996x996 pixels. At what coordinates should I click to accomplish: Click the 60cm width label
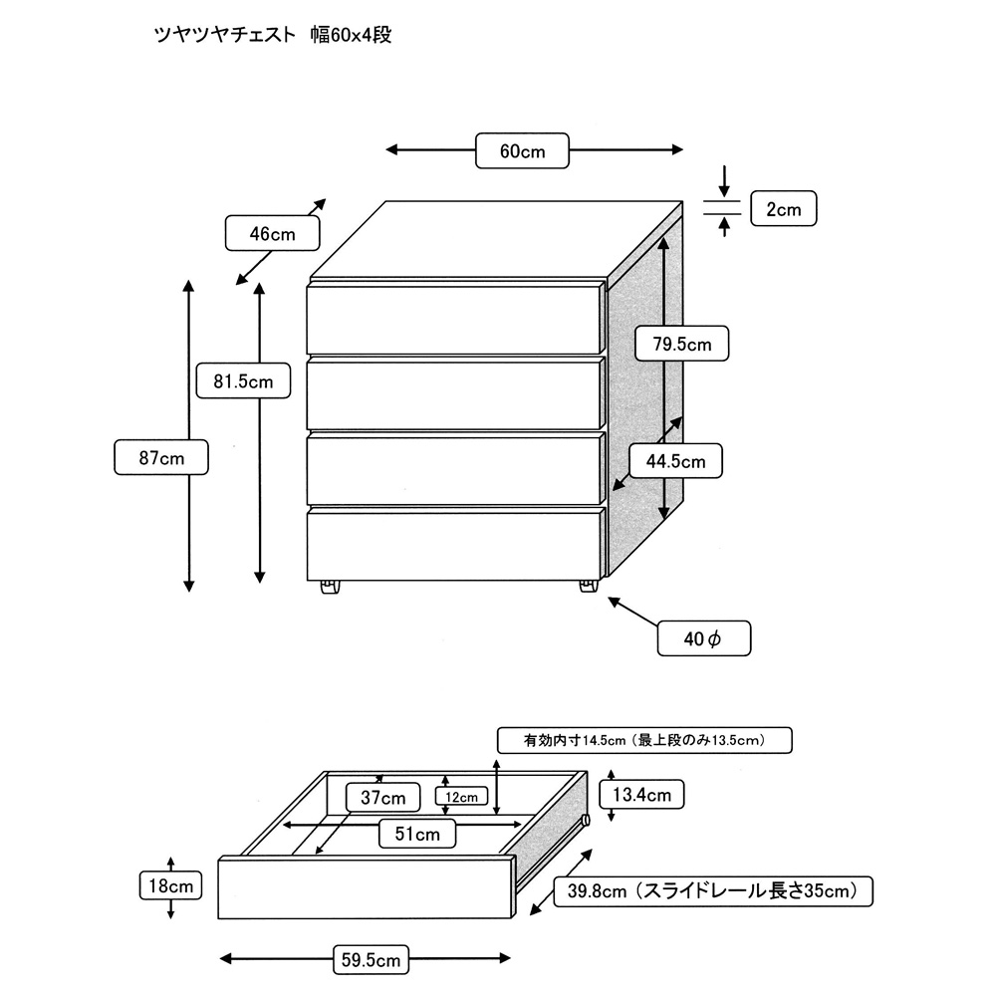point(523,150)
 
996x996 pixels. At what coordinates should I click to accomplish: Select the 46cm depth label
point(272,234)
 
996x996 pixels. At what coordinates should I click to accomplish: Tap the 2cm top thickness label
point(783,209)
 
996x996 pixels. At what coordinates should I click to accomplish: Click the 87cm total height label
point(160,459)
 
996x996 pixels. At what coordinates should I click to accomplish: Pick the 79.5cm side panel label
point(682,345)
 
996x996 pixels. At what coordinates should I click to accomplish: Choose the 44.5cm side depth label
point(675,461)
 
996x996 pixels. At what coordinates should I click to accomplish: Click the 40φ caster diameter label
point(704,638)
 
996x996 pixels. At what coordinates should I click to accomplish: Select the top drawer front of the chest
point(455,319)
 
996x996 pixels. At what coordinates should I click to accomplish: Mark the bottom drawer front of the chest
point(455,545)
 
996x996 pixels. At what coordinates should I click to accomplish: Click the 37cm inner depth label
point(382,798)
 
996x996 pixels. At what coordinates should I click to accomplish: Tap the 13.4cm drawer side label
point(641,794)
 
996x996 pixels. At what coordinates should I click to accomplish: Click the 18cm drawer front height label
point(171,884)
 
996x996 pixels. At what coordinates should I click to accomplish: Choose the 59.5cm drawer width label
point(368,960)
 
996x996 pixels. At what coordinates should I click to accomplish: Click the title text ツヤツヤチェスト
point(224,36)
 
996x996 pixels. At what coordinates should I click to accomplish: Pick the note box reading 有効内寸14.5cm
point(644,740)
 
